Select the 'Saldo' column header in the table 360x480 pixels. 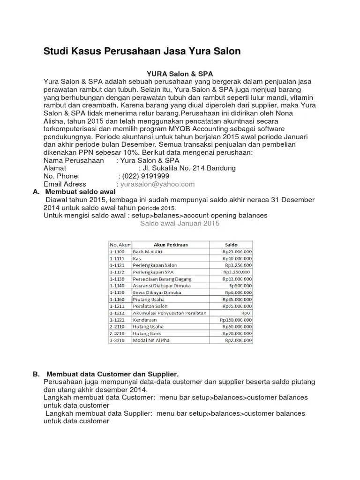point(231,245)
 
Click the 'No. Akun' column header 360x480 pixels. point(120,245)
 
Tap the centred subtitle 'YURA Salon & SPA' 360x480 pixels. point(180,74)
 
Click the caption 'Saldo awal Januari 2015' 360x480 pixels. point(180,224)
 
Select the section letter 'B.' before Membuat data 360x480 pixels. point(36,375)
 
